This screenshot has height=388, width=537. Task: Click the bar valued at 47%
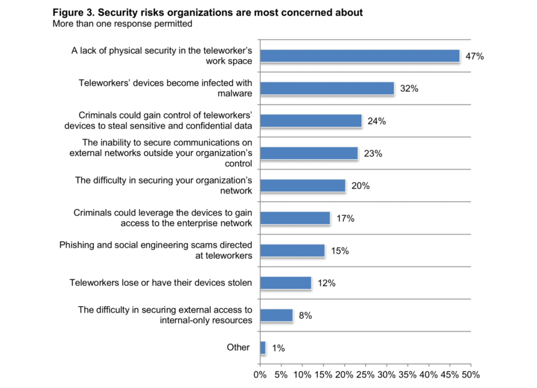(360, 56)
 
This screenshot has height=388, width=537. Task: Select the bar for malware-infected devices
(327, 88)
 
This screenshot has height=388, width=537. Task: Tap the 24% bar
(310, 121)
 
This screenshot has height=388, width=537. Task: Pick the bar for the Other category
(263, 348)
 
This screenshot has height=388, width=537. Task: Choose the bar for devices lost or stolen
(285, 283)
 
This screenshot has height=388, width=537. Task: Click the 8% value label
(305, 316)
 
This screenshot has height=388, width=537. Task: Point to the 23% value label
(374, 154)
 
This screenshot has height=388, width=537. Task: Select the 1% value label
(278, 348)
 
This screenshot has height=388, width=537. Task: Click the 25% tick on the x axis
(366, 375)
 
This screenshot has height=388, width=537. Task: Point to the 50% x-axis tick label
(471, 375)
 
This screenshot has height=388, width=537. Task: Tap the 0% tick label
(260, 375)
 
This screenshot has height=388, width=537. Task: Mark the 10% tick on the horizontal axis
(302, 375)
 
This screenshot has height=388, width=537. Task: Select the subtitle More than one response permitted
(122, 24)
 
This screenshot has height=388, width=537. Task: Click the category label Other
(238, 347)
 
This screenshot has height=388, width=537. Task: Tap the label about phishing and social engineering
(156, 250)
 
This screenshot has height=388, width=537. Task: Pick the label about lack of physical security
(162, 56)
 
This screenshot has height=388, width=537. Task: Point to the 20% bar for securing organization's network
(303, 186)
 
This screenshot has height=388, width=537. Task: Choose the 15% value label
(339, 251)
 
